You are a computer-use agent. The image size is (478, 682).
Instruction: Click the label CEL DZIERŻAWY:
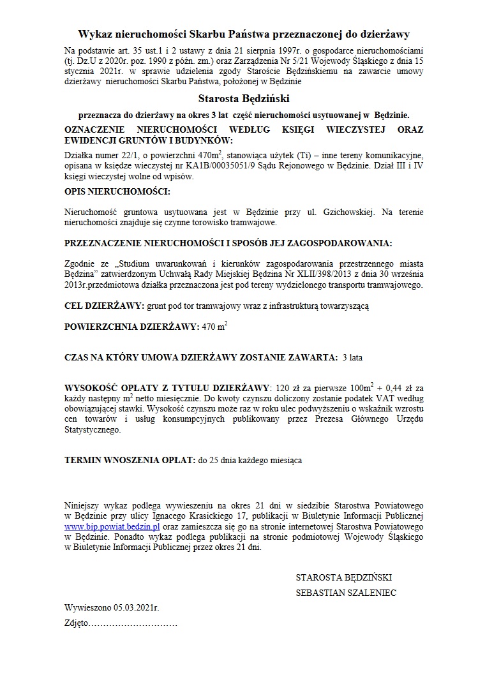pyautogui.click(x=105, y=306)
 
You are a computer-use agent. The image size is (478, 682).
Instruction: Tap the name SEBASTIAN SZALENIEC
pyautogui.click(x=346, y=593)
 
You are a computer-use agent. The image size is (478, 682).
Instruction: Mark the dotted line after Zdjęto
pyautogui.click(x=133, y=622)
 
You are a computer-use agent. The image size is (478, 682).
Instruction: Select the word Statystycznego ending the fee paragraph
pyautogui.click(x=93, y=431)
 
